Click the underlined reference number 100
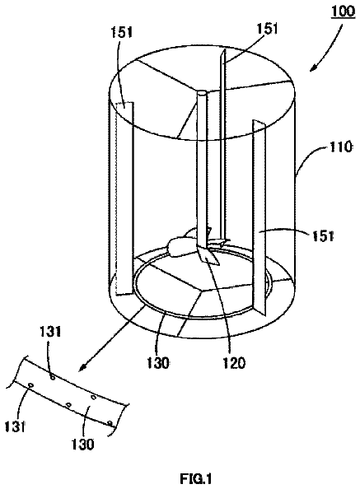pos(343,12)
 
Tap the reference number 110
pos(340,147)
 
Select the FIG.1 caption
pos(195,477)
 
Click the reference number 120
pos(234,363)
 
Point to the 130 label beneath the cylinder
pos(158,363)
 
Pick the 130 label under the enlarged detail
pos(82,444)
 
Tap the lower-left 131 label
pos(15,426)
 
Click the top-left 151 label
pos(121,32)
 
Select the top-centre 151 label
pos(267,28)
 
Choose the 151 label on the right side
pos(323,236)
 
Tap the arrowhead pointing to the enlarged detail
pos(82,368)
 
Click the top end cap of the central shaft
pos(202,93)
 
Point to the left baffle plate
pos(124,198)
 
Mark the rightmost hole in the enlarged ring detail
pos(110,423)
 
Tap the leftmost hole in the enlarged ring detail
pos(30,385)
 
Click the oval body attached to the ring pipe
pos(178,247)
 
